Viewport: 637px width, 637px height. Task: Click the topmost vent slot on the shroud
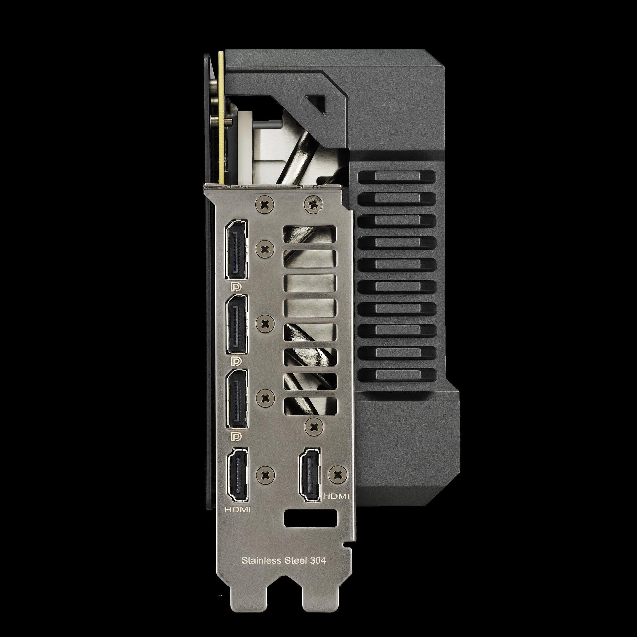[x=396, y=176]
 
